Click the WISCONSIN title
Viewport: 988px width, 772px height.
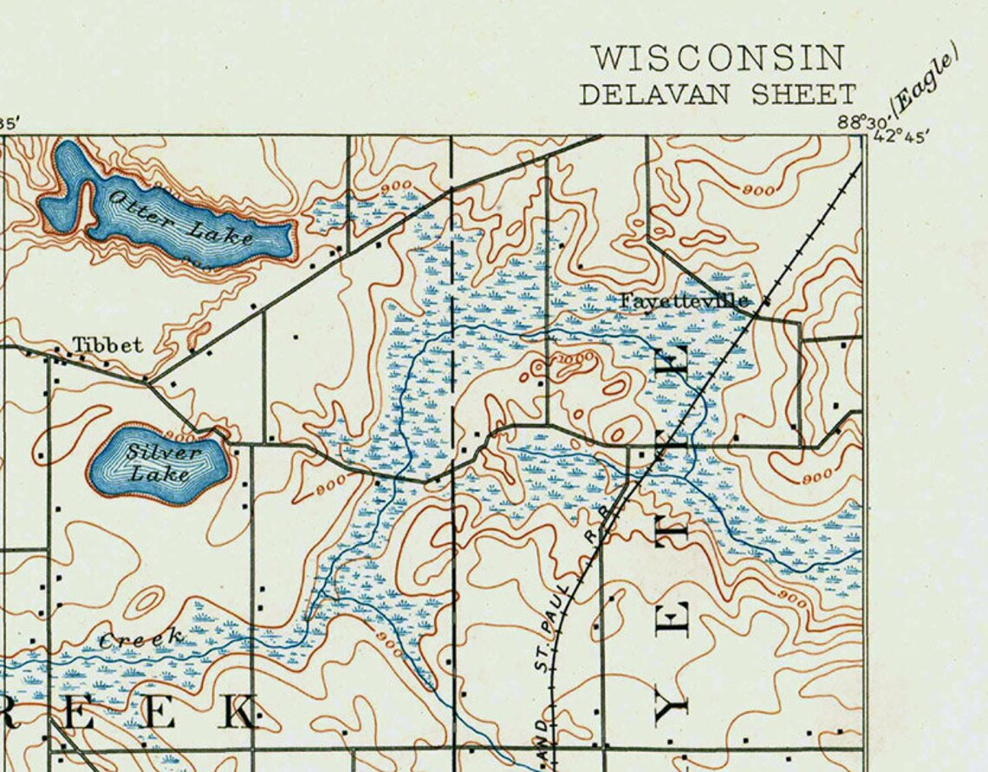tap(718, 59)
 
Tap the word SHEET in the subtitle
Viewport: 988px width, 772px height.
tap(803, 94)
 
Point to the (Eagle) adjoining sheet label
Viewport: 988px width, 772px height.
tap(926, 79)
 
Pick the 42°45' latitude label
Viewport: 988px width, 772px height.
tap(901, 136)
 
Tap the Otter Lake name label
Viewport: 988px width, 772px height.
tap(179, 217)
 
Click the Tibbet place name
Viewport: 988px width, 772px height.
tap(107, 345)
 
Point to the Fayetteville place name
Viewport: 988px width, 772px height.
tap(684, 300)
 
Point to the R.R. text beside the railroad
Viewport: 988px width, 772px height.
tap(593, 540)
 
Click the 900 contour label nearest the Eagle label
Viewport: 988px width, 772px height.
tap(759, 189)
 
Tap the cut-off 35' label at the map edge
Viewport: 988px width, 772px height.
tap(8, 123)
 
